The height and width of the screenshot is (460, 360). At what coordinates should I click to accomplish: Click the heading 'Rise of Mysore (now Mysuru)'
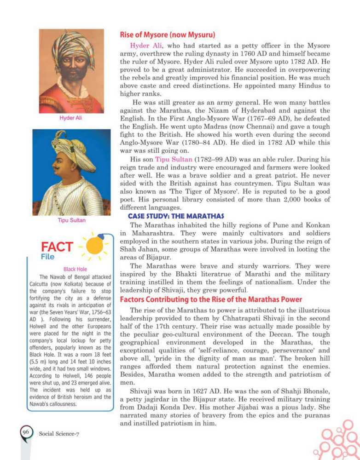(168, 35)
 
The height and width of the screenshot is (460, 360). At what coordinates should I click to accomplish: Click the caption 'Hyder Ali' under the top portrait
(71, 118)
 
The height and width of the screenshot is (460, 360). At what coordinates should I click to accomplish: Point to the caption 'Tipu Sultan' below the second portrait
(71, 220)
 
